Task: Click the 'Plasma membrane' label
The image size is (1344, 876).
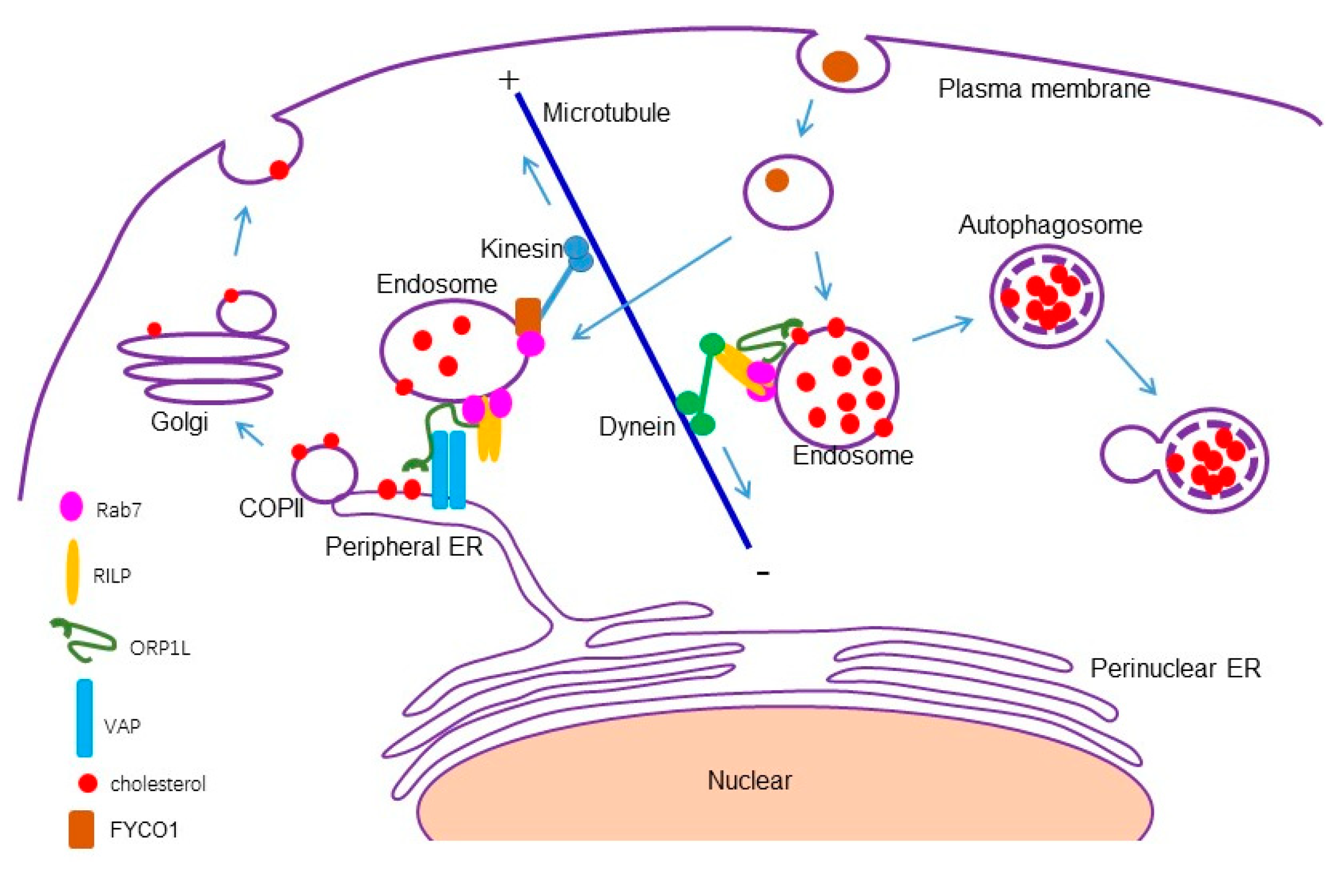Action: tap(1044, 89)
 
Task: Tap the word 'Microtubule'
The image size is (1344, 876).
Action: tap(606, 113)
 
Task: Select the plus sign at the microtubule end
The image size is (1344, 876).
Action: tap(509, 80)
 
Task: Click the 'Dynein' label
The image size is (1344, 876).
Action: tap(636, 427)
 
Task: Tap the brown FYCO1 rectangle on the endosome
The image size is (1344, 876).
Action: tap(528, 316)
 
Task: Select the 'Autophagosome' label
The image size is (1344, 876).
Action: tap(1051, 225)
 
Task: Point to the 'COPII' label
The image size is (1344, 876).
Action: tap(271, 508)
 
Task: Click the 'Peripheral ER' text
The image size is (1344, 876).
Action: tap(404, 547)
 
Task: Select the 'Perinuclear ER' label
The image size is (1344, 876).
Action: tap(1175, 668)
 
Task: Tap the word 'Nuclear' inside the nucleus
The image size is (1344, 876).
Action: tap(750, 781)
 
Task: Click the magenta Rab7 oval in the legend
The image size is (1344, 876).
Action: tap(72, 506)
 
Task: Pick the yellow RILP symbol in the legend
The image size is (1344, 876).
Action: tap(72, 572)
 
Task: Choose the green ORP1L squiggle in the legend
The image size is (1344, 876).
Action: tap(84, 641)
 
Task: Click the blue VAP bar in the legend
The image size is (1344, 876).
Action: tap(85, 718)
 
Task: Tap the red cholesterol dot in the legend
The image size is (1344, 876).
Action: tap(87, 783)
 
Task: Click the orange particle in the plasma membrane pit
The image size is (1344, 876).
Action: tap(840, 67)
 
